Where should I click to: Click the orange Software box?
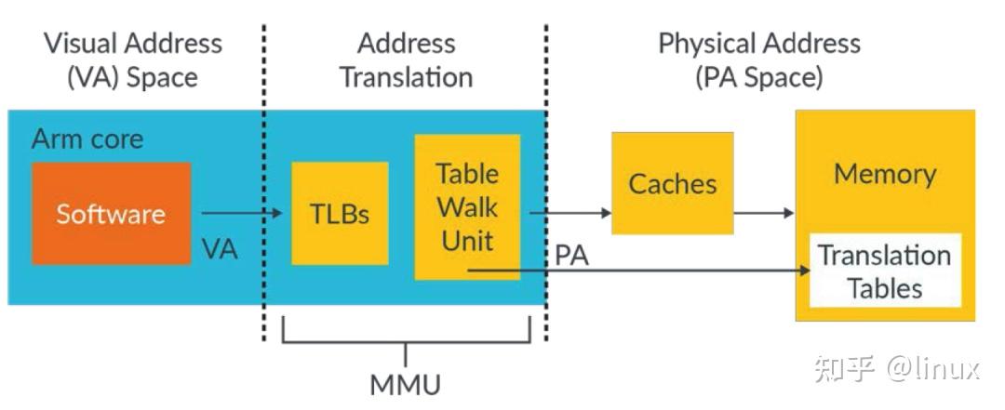(111, 213)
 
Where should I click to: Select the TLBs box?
(340, 214)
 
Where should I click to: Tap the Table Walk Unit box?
(467, 206)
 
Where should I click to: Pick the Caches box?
(672, 183)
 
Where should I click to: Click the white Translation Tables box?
(884, 271)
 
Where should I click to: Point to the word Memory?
(884, 174)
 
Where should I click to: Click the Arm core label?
(87, 139)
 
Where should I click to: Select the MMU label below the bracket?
(405, 384)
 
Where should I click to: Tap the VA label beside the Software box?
(220, 248)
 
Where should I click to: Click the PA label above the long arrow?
(571, 256)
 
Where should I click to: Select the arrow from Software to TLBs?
(240, 214)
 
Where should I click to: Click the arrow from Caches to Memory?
(763, 213)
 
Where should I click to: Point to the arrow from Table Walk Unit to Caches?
(569, 213)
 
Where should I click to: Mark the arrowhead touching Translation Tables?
(801, 271)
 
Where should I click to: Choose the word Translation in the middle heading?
(406, 76)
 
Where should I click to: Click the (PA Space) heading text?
(758, 76)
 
